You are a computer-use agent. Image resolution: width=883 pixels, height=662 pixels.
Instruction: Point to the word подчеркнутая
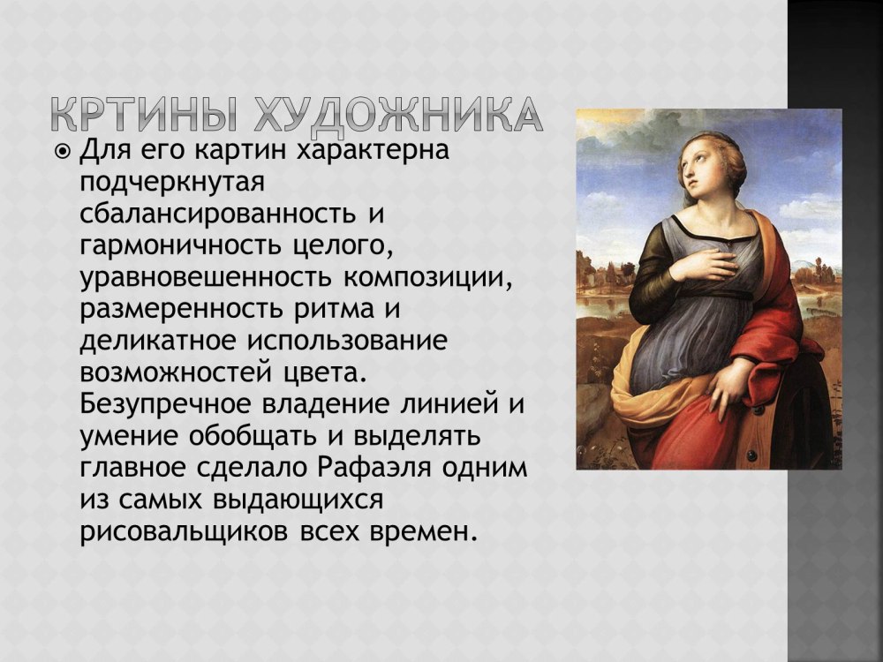click(172, 183)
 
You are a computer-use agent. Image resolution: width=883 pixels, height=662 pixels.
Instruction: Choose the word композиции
click(426, 279)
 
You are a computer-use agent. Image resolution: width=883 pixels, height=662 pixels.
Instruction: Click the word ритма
click(334, 310)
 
